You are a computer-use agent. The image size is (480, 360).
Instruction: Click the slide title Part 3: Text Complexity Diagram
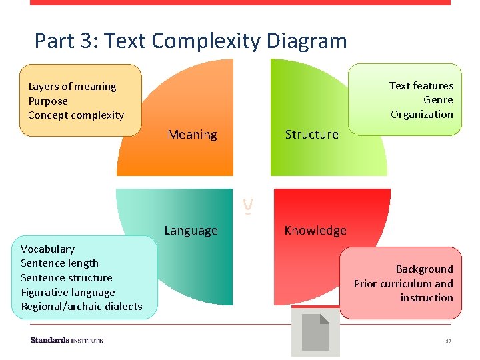tap(191, 41)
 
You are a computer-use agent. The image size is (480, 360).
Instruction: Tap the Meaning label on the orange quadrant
tap(192, 135)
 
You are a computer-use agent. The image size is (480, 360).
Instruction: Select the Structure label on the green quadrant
tap(311, 135)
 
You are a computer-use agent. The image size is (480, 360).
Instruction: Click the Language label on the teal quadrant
tap(191, 231)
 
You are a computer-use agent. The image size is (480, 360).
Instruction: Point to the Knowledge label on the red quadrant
tap(315, 231)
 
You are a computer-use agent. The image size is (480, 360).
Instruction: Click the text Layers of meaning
tap(72, 87)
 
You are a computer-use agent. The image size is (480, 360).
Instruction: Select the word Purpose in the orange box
tap(48, 101)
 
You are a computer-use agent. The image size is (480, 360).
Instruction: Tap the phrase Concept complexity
tap(76, 115)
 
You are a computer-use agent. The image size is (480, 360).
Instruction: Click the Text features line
tap(421, 86)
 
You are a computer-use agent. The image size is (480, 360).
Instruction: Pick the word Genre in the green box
tap(438, 100)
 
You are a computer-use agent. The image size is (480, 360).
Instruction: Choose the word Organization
tap(422, 115)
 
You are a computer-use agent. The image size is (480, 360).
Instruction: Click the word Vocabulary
tap(47, 249)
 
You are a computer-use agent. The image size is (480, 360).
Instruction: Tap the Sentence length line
tap(59, 263)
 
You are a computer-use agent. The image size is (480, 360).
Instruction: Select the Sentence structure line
tap(67, 278)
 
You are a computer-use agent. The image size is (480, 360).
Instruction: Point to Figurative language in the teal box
tap(68, 293)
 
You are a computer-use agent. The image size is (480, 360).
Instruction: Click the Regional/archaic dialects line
tap(81, 307)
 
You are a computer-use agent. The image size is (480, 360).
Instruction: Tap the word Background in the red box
tap(424, 269)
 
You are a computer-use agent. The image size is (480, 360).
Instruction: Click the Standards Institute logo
tap(67, 340)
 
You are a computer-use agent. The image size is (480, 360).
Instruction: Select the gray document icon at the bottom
tap(316, 332)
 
